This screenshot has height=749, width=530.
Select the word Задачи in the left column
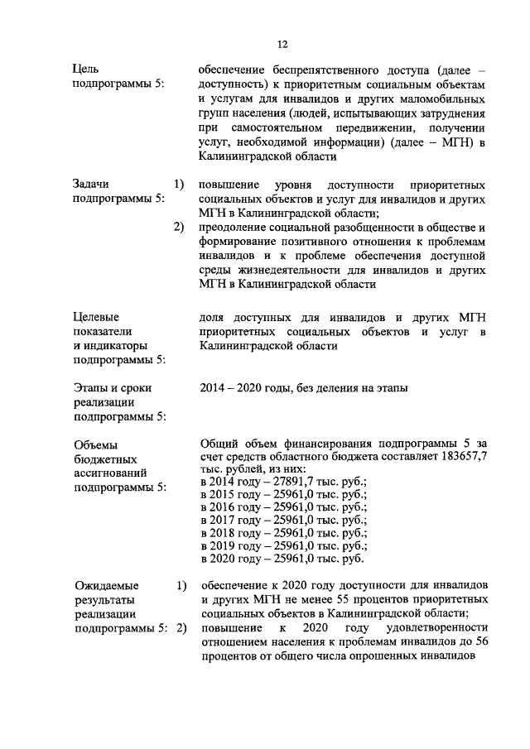[x=91, y=184]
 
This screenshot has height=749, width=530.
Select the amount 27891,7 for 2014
[x=285, y=482]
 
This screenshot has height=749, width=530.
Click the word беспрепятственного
[x=318, y=71]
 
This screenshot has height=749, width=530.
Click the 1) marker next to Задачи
[x=178, y=184]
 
